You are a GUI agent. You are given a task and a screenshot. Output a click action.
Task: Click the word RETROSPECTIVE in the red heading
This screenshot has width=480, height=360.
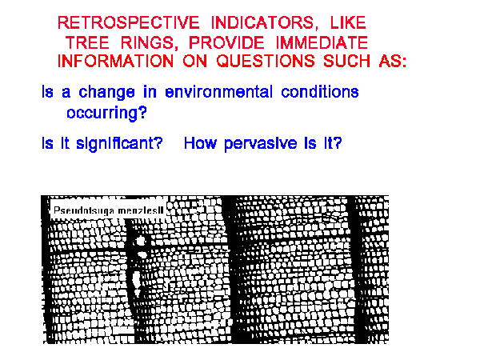coord(129,22)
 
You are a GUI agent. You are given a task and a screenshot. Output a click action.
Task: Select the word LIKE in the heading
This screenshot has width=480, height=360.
coord(348,22)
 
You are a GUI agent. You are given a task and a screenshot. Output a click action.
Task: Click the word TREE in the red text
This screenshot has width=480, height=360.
coord(87,42)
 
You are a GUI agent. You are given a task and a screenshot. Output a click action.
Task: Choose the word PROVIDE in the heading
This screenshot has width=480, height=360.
coord(226,42)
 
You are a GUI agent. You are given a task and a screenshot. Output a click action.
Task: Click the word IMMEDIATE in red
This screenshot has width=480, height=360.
coord(322,42)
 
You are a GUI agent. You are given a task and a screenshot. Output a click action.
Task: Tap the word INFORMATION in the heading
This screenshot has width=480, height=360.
coord(116,61)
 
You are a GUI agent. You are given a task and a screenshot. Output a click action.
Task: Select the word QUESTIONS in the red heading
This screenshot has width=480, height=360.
coord(266,61)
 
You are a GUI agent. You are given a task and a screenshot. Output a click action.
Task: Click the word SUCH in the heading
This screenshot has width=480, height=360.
coord(347,61)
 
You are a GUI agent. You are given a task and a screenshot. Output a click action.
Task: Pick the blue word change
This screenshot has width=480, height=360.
coord(106,92)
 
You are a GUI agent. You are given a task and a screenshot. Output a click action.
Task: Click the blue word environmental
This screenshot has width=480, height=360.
coord(218,92)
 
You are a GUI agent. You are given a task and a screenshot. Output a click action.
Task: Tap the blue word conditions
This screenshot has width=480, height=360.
coord(320,92)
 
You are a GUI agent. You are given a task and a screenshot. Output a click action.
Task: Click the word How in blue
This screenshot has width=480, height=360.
coord(200,143)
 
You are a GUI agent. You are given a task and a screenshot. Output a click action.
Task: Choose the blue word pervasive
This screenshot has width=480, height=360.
coord(261,143)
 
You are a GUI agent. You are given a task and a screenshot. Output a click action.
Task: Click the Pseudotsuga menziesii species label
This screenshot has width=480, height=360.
coord(108,210)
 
